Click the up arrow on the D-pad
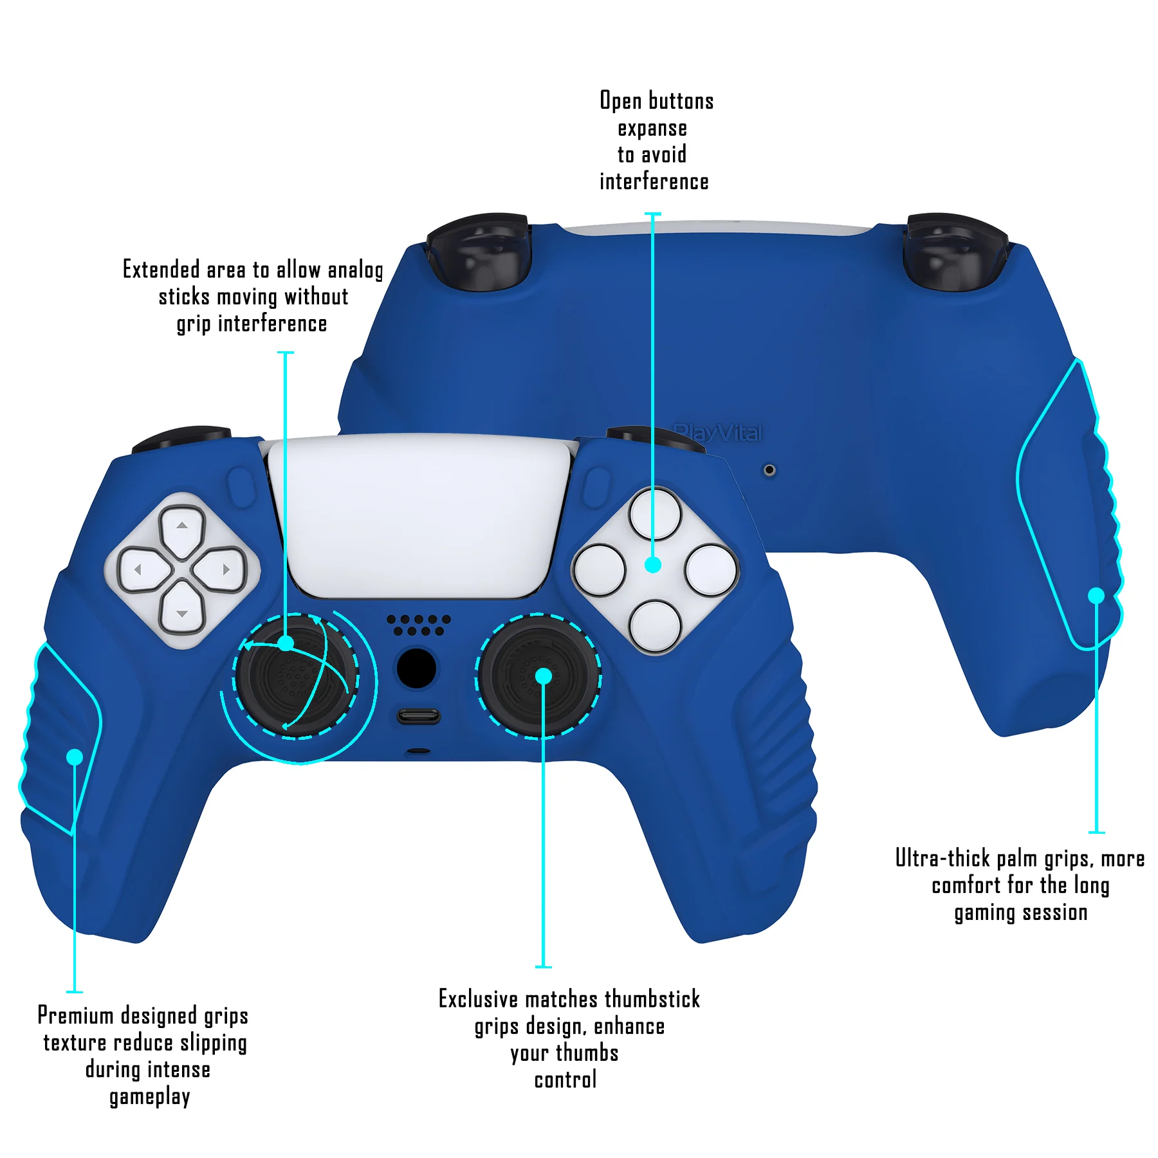pos(182,531)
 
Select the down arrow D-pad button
pos(182,607)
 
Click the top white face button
pos(655,513)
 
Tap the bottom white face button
pos(655,626)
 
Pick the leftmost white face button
pos(600,570)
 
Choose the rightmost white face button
pos(711,570)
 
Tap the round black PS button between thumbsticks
pos(416,668)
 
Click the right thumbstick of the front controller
pos(539,677)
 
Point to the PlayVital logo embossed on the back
pos(717,433)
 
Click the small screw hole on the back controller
pos(769,470)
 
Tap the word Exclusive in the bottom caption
pos(478,999)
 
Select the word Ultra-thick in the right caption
pos(942,858)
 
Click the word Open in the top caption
pos(621,101)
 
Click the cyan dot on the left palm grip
pos(75,757)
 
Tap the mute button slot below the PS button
pos(419,716)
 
